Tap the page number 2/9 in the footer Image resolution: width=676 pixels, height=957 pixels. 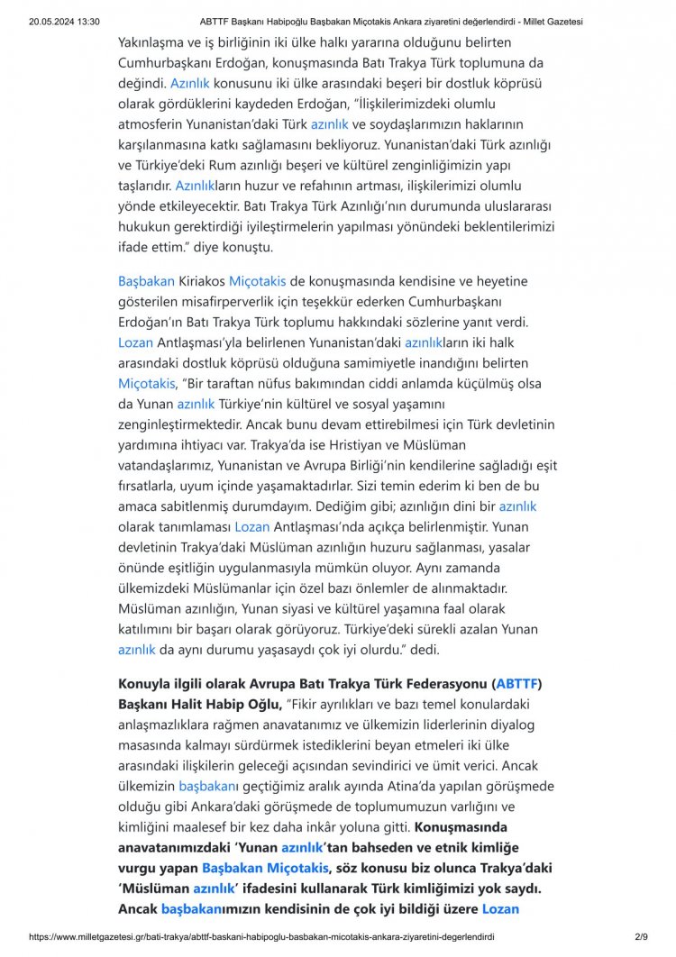coord(641,936)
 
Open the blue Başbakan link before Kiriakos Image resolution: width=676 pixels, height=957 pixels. coord(146,281)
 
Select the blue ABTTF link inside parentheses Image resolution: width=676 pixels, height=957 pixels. coord(517,683)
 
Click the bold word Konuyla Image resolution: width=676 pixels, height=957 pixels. coord(147,683)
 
